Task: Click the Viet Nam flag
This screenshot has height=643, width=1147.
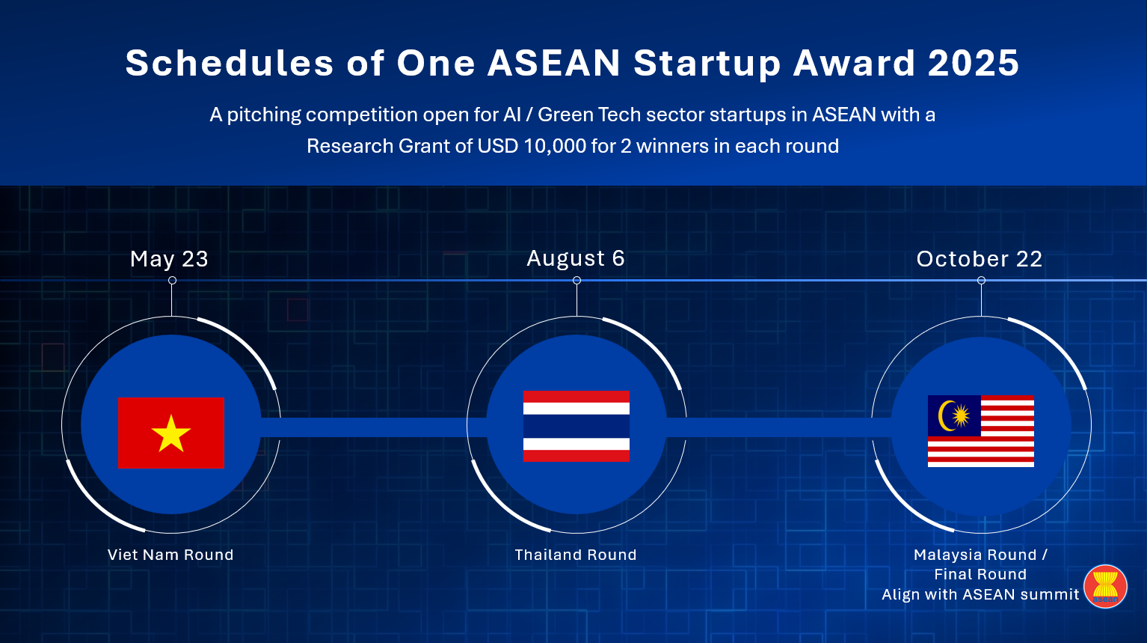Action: tap(171, 433)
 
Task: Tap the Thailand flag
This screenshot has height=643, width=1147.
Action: tap(576, 426)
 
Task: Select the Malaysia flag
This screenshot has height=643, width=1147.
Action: tap(980, 430)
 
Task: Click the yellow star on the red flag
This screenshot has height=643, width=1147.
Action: tap(171, 434)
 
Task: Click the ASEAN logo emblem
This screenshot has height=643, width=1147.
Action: tap(1105, 587)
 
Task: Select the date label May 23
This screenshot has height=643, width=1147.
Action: tap(169, 259)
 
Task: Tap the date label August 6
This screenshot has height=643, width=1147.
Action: tap(576, 258)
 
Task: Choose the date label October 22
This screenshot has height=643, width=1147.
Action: tap(979, 259)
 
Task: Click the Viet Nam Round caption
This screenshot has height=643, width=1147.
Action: tap(170, 555)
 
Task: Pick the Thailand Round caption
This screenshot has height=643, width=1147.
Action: tap(576, 555)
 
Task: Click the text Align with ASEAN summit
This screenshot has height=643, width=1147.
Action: tap(980, 594)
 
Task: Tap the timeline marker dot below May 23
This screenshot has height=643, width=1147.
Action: tap(172, 280)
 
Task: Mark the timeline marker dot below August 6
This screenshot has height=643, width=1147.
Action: tap(576, 280)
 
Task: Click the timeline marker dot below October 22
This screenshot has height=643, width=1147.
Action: tap(981, 280)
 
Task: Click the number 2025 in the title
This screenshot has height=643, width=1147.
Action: tap(973, 63)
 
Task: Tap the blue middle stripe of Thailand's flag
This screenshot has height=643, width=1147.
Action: tap(576, 426)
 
